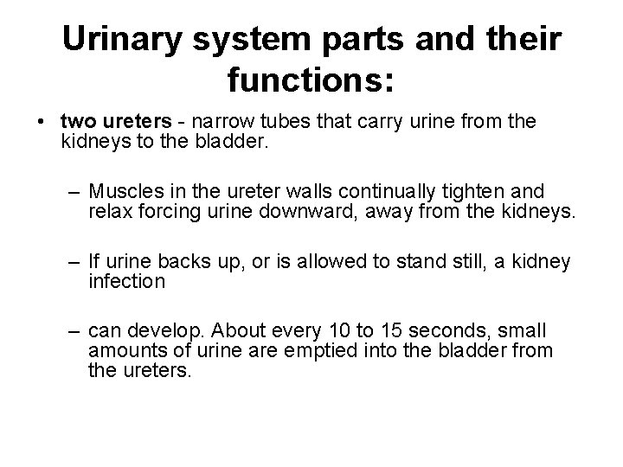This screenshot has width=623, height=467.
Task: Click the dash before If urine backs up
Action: tap(73, 262)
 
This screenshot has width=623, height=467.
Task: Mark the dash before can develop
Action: tap(73, 331)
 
